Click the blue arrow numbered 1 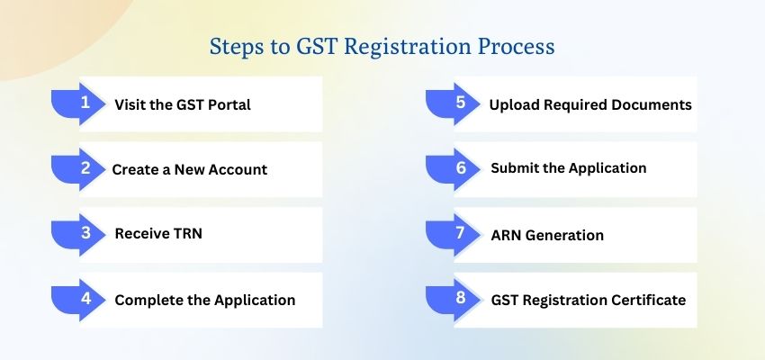83,103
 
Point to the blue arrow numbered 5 457,103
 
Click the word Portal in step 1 228,104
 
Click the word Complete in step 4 147,300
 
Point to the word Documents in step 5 652,104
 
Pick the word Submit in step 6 513,168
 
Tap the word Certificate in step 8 647,300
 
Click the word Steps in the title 233,46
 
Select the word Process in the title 516,46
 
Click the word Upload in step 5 512,104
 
